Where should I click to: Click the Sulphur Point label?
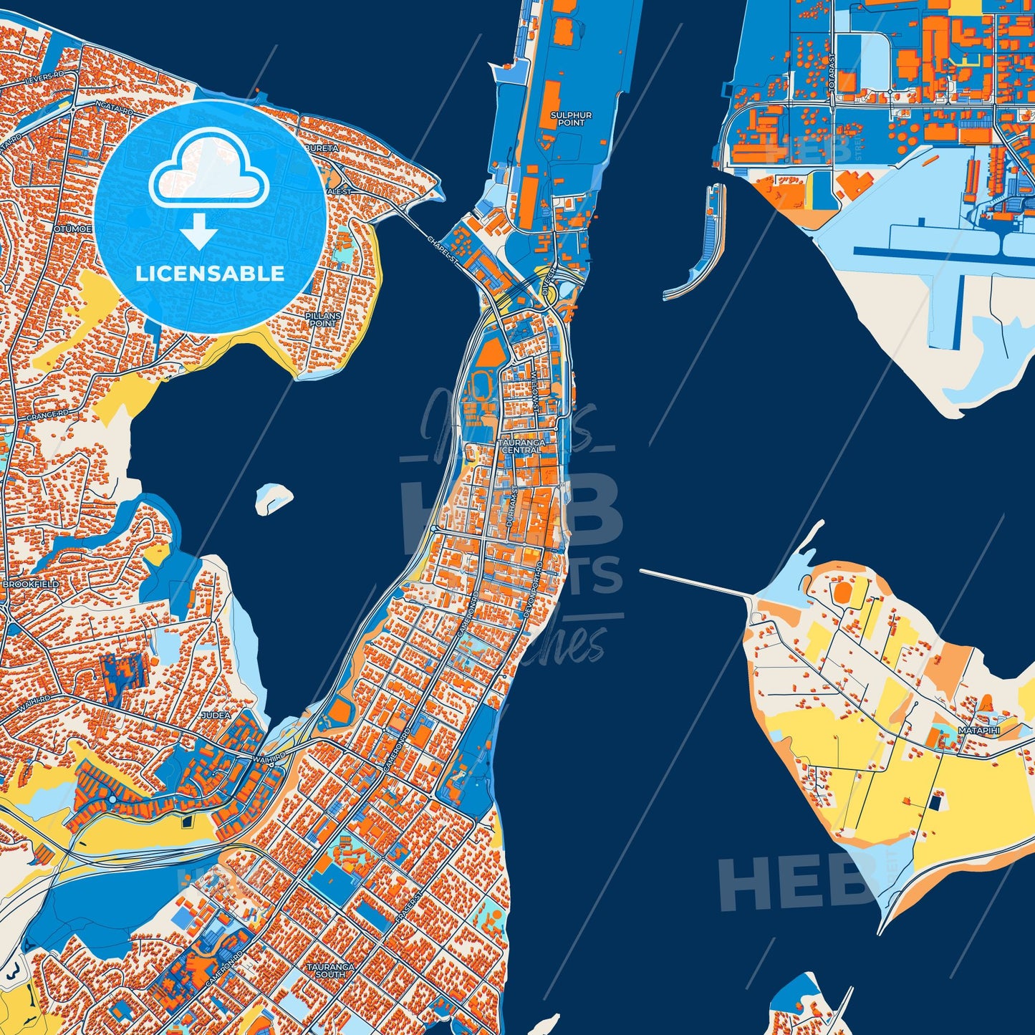pos(571,119)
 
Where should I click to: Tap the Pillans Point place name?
pos(322,319)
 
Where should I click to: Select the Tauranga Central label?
pos(522,446)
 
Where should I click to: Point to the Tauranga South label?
pos(330,971)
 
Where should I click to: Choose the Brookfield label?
pos(31,584)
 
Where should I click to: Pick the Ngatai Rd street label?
pos(115,108)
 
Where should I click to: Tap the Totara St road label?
pos(832,69)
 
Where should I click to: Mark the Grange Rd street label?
pos(47,415)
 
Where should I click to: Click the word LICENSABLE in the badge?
pos(211,274)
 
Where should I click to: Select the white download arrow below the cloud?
pos(199,233)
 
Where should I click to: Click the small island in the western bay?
pos(274,497)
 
